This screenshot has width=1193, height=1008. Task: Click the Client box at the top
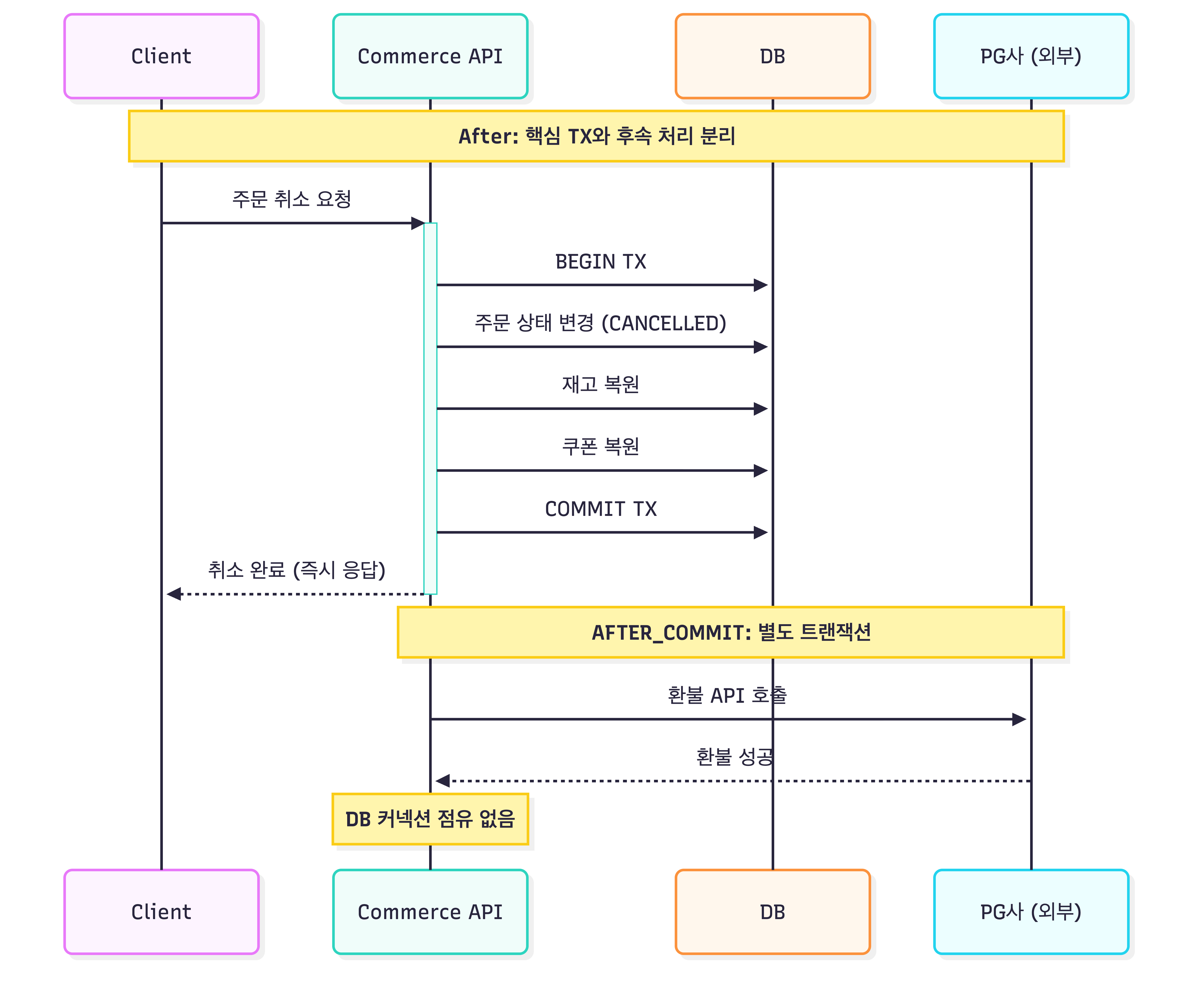coord(161,56)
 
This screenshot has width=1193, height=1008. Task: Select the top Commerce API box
coord(430,56)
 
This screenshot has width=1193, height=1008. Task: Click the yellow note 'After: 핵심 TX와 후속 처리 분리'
coord(596,136)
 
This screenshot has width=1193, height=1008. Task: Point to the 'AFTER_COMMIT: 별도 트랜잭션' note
coord(731,632)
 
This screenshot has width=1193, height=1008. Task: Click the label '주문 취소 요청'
coord(292,199)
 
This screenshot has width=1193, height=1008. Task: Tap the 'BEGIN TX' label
coord(601,262)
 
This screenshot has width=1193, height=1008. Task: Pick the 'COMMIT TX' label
coord(601,509)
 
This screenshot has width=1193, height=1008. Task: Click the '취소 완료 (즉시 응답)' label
coord(297,570)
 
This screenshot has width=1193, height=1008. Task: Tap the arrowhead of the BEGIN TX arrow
coord(761,285)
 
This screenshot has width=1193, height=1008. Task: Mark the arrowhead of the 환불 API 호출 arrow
coord(1019,720)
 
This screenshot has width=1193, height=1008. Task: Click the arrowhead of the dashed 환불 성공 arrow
coord(443,781)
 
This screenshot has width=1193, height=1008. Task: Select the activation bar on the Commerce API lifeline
coord(430,409)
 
